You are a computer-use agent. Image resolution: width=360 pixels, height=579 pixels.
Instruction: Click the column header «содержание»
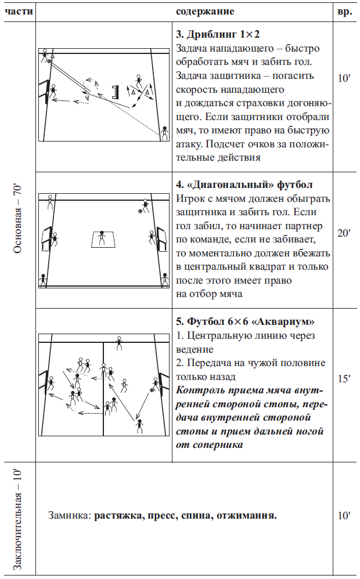(205, 12)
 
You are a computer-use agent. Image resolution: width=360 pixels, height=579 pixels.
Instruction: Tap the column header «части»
(19, 12)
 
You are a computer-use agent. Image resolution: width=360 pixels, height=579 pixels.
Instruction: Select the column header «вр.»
(344, 12)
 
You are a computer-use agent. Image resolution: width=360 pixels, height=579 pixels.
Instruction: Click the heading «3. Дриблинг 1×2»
(218, 34)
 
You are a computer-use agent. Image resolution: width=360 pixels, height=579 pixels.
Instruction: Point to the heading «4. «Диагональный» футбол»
(244, 184)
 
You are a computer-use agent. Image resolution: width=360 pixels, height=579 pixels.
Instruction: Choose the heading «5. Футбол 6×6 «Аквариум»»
(245, 321)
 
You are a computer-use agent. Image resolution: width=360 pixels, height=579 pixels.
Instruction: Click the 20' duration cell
(344, 233)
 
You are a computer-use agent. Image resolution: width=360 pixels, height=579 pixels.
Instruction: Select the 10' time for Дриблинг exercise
(344, 78)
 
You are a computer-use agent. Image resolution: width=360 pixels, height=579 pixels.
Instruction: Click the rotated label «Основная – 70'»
(18, 219)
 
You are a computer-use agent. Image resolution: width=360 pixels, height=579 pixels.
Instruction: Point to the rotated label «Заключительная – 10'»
(18, 520)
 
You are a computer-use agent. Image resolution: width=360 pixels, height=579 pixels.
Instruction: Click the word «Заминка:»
(70, 516)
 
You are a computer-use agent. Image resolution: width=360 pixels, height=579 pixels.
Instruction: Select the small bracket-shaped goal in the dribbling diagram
(116, 92)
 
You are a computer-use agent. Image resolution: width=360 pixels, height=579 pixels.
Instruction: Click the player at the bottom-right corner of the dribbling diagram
(164, 133)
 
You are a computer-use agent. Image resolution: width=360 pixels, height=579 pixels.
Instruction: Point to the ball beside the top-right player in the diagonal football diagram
(140, 211)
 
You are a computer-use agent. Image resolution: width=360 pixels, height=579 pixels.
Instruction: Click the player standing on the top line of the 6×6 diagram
(119, 343)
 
